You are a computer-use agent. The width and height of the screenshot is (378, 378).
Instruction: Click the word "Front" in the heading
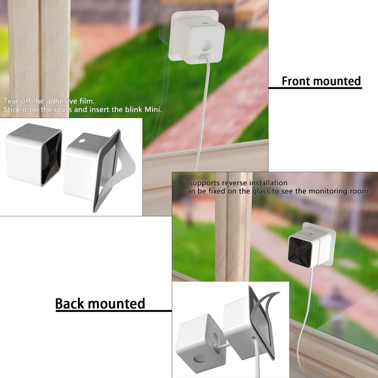pos(297,81)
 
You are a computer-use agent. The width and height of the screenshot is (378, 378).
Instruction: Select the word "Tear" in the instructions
pos(12,101)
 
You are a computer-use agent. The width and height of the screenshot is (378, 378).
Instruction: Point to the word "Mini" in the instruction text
pos(152,110)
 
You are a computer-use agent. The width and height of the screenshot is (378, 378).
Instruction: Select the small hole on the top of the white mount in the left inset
pos(82,140)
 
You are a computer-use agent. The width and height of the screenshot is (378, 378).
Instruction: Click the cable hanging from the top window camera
pos(203,118)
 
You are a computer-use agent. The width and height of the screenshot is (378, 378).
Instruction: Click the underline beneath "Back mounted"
pos(113,310)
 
